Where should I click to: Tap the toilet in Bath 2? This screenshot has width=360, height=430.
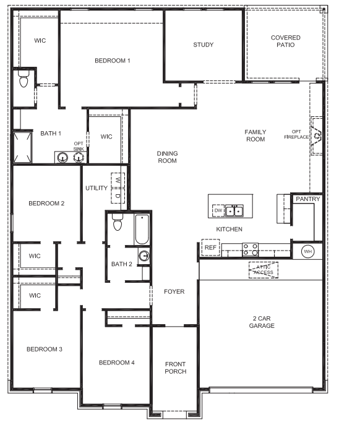click(118, 221)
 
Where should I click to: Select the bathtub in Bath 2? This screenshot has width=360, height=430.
click(142, 230)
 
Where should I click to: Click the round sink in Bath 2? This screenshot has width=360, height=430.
click(144, 256)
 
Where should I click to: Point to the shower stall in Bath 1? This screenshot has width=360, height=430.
click(22, 147)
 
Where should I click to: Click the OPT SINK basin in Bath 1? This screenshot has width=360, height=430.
click(79, 157)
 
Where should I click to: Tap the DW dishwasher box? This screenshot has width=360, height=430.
click(218, 210)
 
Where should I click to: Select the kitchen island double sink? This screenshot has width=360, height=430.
click(234, 210)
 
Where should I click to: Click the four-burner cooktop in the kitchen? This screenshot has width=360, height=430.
click(251, 250)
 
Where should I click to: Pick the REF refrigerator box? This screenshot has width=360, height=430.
click(210, 247)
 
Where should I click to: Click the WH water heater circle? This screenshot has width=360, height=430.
click(308, 251)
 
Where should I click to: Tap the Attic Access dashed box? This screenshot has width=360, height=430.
click(264, 270)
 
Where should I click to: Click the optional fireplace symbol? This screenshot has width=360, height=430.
click(316, 136)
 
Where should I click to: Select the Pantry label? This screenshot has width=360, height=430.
click(308, 199)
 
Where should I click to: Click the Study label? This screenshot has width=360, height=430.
click(203, 45)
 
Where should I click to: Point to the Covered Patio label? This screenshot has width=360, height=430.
click(285, 41)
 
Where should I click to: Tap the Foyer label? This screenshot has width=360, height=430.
click(174, 291)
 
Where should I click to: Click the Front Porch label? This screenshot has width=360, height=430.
click(176, 368)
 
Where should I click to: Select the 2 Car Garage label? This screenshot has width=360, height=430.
click(262, 322)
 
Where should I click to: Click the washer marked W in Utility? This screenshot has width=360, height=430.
click(118, 181)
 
